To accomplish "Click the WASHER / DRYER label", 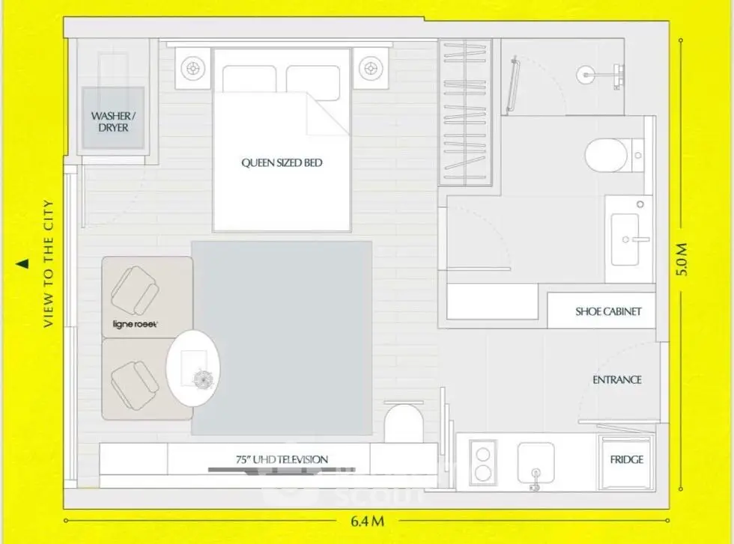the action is point(113,122).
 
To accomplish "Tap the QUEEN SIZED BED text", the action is point(282,163).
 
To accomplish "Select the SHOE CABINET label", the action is point(608,311).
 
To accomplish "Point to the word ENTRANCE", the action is point(617,380).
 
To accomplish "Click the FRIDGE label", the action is point(626,459).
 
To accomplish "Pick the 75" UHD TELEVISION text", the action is point(282,459).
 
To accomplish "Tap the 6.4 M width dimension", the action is point(368,521).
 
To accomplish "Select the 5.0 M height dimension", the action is point(682,259).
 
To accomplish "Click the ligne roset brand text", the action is point(135,324).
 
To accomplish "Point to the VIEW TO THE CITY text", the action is point(48,264).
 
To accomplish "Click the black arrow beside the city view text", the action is point(22,264).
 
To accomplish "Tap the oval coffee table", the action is point(193,367).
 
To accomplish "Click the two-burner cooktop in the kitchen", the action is point(482,462).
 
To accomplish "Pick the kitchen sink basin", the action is point(536,463).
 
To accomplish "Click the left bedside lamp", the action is point(193,69).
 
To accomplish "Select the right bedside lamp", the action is point(371,69).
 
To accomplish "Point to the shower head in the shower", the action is point(586,75).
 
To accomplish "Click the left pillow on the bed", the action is point(249,79).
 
